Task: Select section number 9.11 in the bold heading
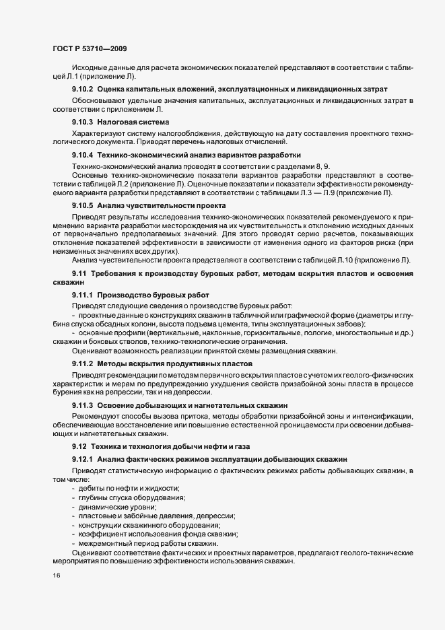pyautogui.click(x=79, y=273)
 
